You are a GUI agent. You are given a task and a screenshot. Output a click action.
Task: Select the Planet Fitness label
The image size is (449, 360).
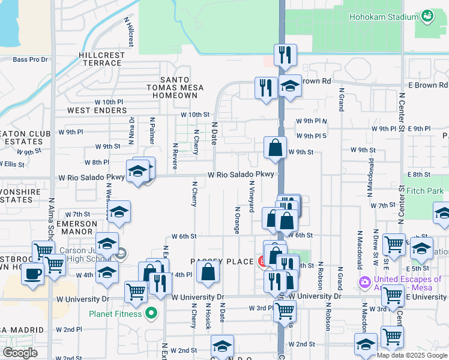point(115,313)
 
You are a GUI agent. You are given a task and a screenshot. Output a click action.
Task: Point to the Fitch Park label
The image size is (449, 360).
point(425,191)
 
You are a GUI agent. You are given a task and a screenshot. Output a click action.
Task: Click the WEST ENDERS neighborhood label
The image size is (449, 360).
point(97,110)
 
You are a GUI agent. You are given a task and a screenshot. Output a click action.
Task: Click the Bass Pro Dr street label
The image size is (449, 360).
point(30,59)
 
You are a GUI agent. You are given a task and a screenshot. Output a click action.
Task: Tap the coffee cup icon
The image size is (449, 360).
point(32,274)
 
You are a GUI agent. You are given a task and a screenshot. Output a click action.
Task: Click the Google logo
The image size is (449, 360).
point(20,352)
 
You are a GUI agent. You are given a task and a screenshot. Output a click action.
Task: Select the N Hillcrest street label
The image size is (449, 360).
point(130,32)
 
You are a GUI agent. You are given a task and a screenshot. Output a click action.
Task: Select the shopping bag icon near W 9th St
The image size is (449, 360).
point(275,148)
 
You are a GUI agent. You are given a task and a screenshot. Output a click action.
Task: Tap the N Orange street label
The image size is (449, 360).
point(238,220)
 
